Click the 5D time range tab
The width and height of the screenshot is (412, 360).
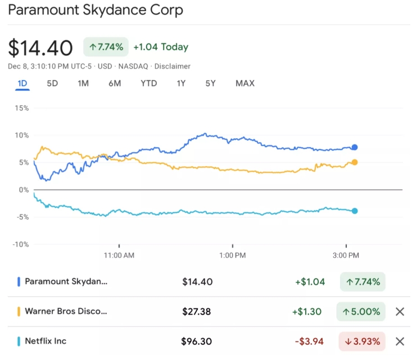point(52,84)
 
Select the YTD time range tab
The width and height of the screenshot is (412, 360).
point(149,84)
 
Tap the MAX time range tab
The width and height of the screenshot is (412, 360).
point(245,84)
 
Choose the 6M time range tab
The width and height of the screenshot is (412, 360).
point(115,84)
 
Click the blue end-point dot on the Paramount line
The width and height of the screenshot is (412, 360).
point(355,147)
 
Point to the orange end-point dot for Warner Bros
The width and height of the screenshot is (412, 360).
point(355,162)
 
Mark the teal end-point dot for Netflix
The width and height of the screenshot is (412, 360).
point(355,211)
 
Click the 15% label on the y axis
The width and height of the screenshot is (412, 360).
point(22,108)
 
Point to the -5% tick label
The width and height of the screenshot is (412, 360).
point(22,217)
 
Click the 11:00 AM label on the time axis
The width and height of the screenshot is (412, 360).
point(119,255)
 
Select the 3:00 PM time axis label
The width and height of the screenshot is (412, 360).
point(346,255)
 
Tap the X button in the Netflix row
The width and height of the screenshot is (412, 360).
point(400,341)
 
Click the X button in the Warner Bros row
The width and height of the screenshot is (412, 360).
point(400,312)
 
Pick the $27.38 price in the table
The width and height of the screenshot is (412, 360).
point(197,312)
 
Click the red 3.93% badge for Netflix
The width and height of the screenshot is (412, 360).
point(362,341)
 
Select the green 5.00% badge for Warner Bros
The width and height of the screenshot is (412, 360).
point(361,312)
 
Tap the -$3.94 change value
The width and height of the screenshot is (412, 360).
point(309,341)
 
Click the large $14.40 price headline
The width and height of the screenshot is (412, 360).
point(40,48)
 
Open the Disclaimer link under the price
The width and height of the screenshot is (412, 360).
point(173,66)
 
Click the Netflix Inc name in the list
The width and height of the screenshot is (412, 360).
point(46,341)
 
